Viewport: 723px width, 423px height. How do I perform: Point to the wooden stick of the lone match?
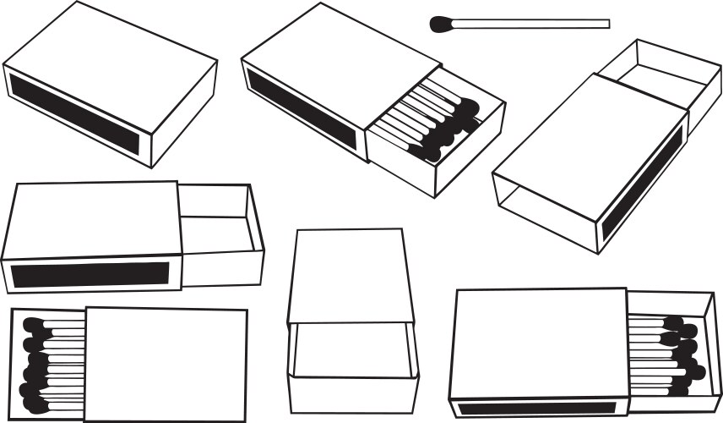click(532, 24)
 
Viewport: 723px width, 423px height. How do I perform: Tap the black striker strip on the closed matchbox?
click(74, 113)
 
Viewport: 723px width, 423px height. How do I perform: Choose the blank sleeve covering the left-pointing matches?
click(167, 364)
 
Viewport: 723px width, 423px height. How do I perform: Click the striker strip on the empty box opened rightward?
click(91, 274)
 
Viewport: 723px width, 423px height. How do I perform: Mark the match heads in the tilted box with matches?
click(452, 127)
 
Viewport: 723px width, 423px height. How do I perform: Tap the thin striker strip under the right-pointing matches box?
click(541, 408)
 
